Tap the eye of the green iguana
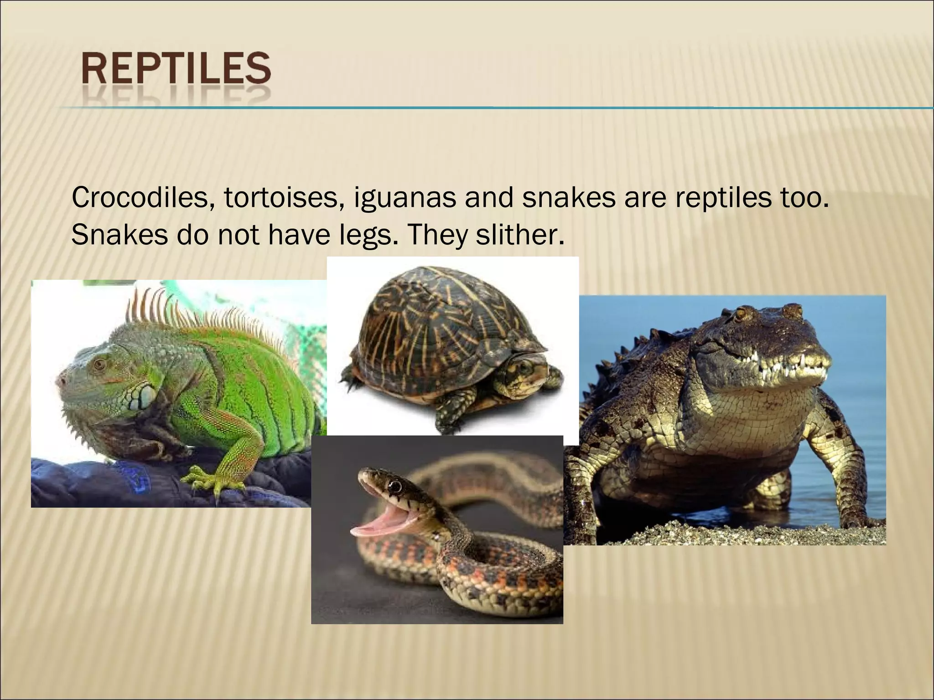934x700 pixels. pos(99,364)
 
